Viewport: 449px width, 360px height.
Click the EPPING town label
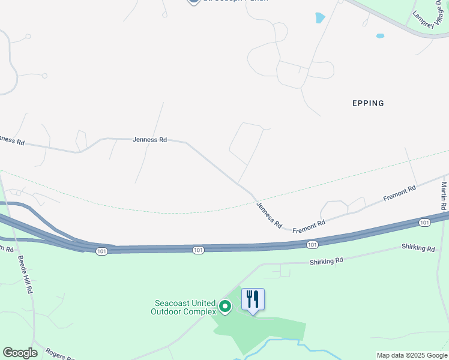pos(367,103)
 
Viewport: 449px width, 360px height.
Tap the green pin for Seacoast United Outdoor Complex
pos(225,307)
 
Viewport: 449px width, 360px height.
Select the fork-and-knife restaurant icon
pos(253,299)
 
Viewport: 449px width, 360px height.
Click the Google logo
pos(20,353)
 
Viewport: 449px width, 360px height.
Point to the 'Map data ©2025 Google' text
pos(412,356)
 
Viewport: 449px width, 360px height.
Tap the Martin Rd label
pos(444,197)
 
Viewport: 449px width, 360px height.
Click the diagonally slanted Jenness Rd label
pos(269,214)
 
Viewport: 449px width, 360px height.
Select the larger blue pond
pos(320,18)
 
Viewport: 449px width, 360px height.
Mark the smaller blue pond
pos(380,36)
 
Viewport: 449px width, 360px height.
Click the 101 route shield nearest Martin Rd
pos(425,223)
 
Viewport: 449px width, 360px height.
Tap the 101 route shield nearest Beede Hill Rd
pos(101,251)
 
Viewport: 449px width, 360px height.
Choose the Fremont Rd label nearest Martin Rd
pos(400,193)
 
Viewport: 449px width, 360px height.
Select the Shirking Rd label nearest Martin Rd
pos(418,248)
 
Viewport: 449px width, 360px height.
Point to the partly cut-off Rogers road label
pos(60,356)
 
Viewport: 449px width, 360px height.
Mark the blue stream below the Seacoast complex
pos(282,341)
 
